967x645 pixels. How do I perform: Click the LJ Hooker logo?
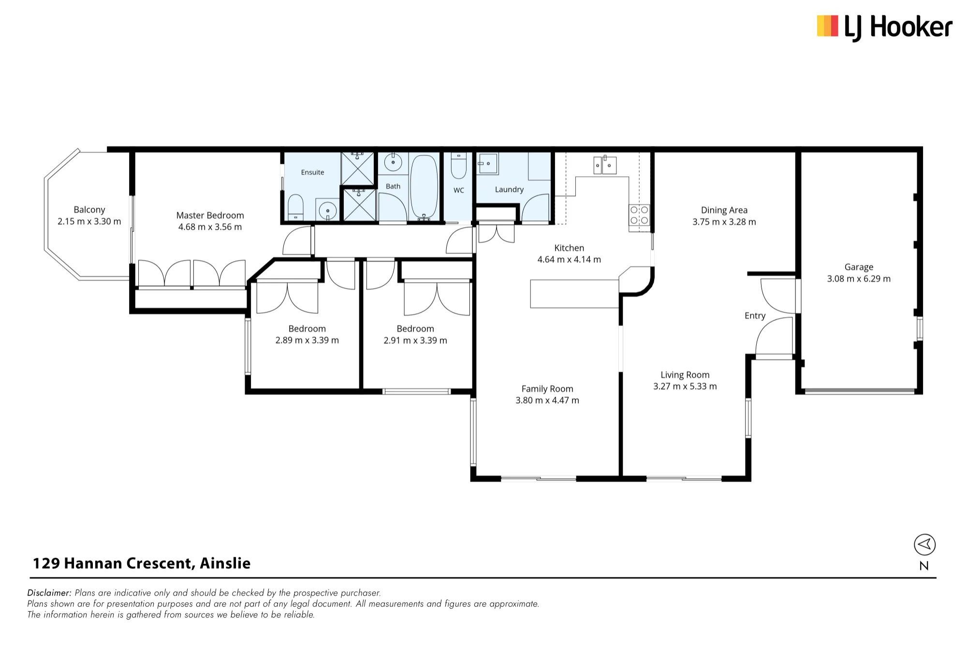pyautogui.click(x=884, y=27)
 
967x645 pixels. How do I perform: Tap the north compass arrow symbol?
pyautogui.click(x=924, y=545)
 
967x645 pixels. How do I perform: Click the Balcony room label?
pyautogui.click(x=89, y=210)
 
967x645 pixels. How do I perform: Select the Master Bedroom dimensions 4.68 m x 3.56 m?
pyautogui.click(x=210, y=227)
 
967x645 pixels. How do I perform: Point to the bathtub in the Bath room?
pyautogui.click(x=424, y=187)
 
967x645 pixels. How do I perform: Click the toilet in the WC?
pyautogui.click(x=458, y=166)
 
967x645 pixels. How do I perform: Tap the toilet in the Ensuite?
pyautogui.click(x=295, y=208)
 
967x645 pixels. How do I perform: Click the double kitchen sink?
pyautogui.click(x=605, y=165)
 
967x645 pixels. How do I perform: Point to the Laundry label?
pyautogui.click(x=509, y=190)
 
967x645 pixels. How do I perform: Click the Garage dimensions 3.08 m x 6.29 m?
pyautogui.click(x=859, y=279)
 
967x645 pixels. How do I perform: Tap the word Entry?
pyautogui.click(x=755, y=316)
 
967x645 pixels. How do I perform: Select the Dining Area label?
pyautogui.click(x=724, y=210)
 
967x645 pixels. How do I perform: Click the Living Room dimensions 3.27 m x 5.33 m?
pyautogui.click(x=685, y=386)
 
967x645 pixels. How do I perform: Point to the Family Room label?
pyautogui.click(x=547, y=389)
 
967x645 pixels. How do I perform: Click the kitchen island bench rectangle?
pyautogui.click(x=575, y=293)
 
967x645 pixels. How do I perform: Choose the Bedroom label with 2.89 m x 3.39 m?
pyautogui.click(x=307, y=329)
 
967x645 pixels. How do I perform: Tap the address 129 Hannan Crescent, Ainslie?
pyautogui.click(x=142, y=563)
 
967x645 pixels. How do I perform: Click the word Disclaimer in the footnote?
pyautogui.click(x=49, y=593)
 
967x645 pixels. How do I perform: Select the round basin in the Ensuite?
pyautogui.click(x=328, y=211)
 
